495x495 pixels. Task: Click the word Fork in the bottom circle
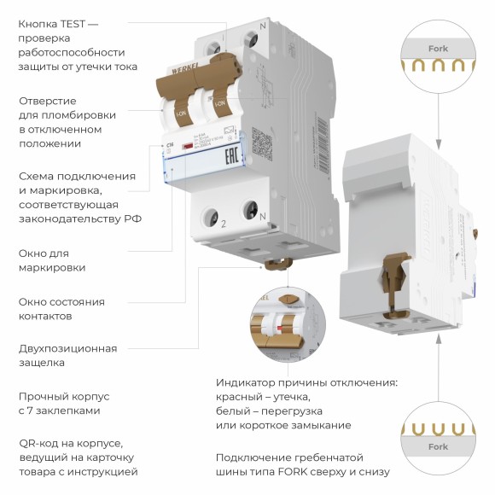click(438, 446)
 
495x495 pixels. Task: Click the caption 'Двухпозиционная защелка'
click(67, 355)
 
